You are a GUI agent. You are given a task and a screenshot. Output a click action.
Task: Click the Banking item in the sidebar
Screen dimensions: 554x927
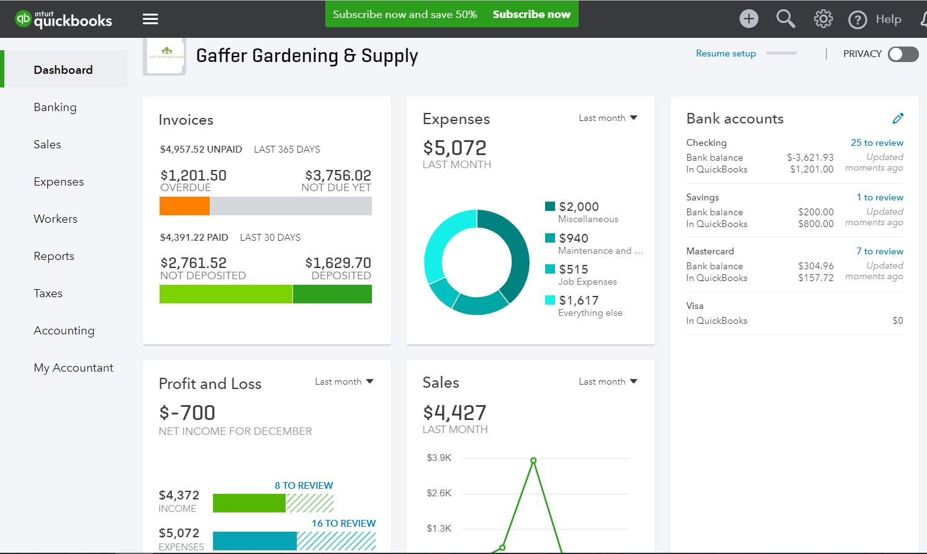pos(55,107)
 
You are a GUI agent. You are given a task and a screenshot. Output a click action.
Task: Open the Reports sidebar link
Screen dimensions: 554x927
pos(54,256)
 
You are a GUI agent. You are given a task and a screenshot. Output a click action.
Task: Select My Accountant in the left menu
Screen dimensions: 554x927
pos(73,368)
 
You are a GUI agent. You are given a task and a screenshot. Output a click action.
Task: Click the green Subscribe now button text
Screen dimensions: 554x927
pos(531,14)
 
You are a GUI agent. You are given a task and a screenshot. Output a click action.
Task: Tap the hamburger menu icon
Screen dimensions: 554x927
pos(150,19)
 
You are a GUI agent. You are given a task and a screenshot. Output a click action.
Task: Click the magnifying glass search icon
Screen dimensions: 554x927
pos(785,19)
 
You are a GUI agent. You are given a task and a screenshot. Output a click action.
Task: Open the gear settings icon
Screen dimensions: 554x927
pos(823,19)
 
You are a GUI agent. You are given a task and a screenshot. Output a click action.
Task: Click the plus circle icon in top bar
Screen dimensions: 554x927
pos(749,19)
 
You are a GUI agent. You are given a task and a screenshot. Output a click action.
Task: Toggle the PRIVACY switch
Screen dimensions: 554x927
pos(903,54)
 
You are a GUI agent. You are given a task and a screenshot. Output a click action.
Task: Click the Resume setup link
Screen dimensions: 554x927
pos(726,53)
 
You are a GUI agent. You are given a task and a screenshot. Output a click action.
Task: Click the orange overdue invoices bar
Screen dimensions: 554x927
pos(184,206)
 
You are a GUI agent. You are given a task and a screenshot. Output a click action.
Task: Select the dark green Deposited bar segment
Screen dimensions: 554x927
pos(332,294)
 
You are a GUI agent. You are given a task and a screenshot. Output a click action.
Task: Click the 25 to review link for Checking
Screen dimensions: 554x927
pos(877,143)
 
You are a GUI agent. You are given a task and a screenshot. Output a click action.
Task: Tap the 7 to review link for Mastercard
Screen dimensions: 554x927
pos(879,251)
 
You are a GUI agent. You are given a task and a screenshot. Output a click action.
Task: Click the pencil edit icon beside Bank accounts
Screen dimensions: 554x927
pos(898,118)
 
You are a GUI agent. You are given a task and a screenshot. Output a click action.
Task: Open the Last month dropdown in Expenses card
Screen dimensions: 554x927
pos(608,118)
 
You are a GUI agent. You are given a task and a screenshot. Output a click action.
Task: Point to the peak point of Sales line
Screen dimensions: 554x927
pos(533,460)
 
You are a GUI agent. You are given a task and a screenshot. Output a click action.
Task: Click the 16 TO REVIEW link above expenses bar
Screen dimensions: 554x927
pos(343,523)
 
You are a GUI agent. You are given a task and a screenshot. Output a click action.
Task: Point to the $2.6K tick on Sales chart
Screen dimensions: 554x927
pos(439,493)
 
